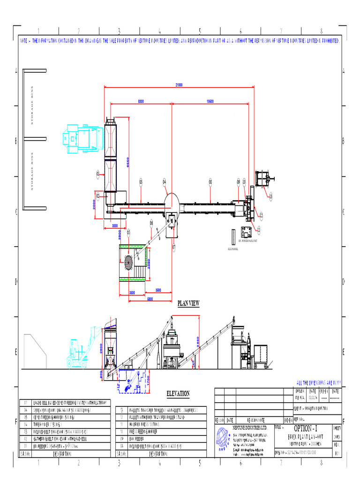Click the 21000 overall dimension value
(x=179, y=85)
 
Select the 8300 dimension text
(x=141, y=101)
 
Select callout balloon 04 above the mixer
(x=165, y=181)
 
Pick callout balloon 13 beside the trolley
(x=270, y=196)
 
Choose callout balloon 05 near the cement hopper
(x=128, y=232)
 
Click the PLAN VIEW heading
(x=188, y=304)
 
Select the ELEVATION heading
(x=178, y=393)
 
